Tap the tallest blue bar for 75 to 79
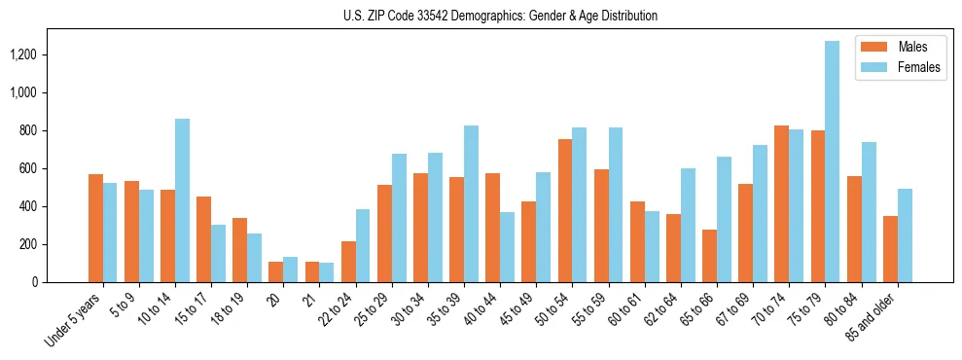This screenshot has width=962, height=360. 832,162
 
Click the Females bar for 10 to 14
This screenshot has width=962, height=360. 182,200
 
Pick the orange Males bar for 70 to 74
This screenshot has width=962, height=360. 781,203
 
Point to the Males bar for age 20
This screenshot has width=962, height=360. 275,271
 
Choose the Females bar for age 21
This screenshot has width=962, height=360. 326,272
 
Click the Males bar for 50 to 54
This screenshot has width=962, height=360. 564,210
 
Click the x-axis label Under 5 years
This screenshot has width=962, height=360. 74,322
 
